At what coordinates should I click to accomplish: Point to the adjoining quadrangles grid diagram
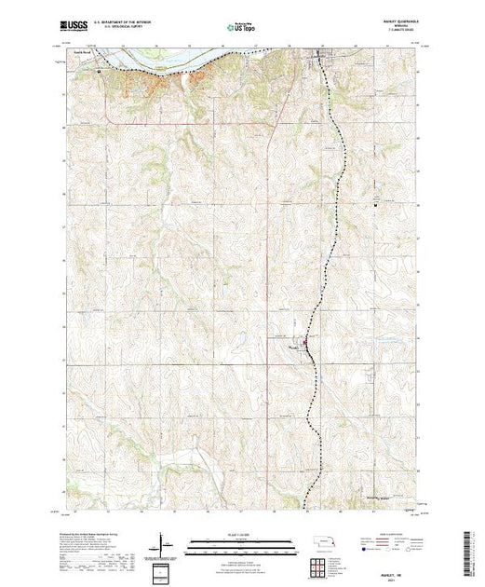pyautogui.click(x=324, y=565)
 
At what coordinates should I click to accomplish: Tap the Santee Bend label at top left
pyautogui.click(x=84, y=52)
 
